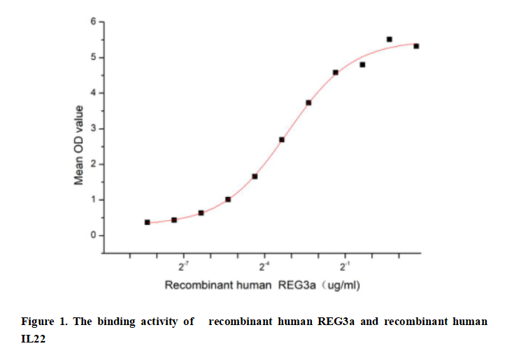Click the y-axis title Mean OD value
(79, 145)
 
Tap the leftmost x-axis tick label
(184, 267)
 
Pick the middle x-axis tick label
(265, 267)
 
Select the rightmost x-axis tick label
(345, 267)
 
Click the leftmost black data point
(147, 222)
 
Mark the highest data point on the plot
(390, 39)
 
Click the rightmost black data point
(416, 46)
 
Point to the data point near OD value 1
(228, 199)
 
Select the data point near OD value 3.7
(308, 103)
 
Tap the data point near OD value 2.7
(282, 140)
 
